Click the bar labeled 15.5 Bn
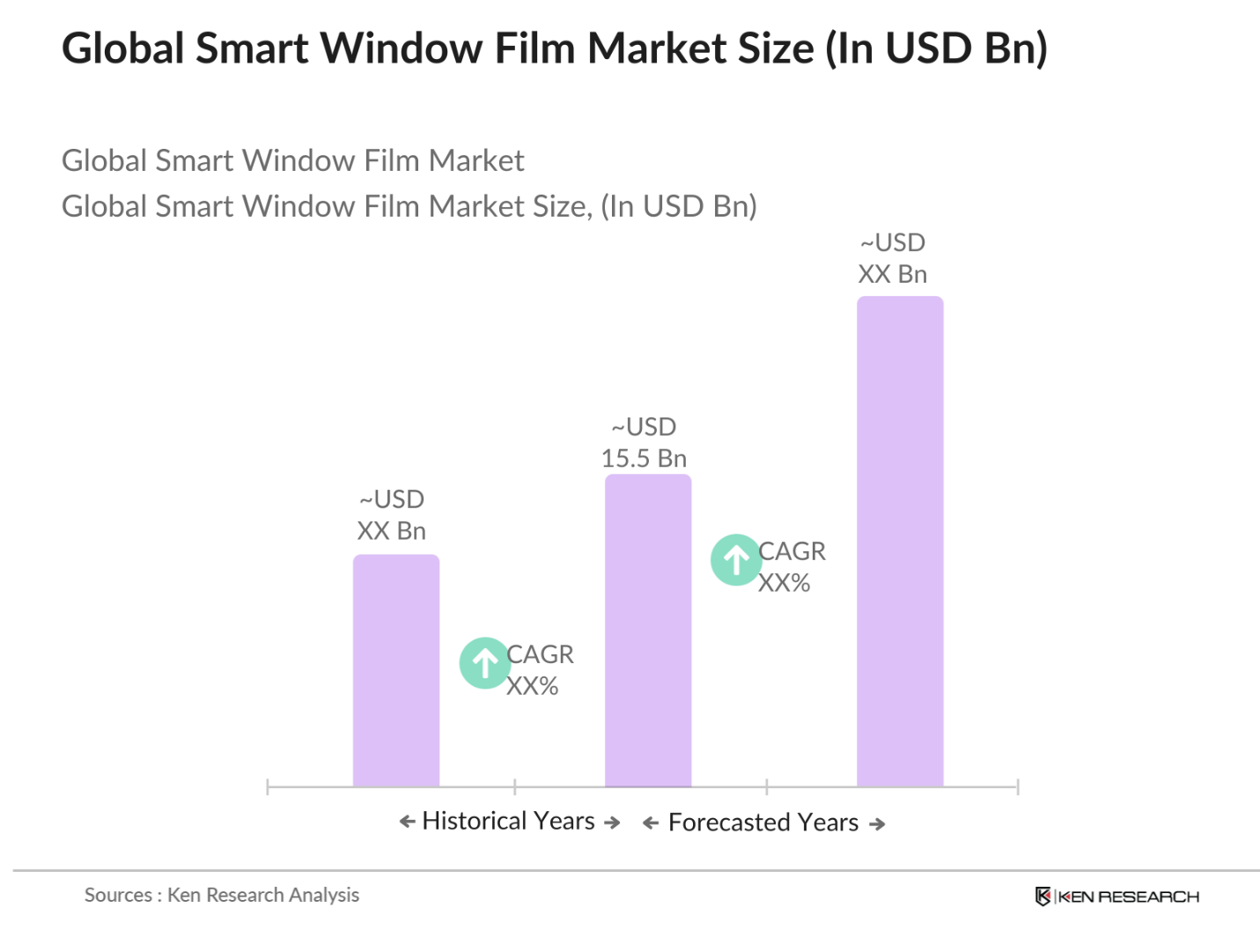click(647, 630)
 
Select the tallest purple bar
click(899, 541)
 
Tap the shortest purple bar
click(395, 669)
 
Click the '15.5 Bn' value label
click(644, 458)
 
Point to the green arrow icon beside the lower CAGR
click(484, 662)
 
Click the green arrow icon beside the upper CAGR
click(736, 559)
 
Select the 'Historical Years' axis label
click(508, 821)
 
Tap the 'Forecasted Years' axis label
click(763, 823)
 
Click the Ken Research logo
click(1116, 896)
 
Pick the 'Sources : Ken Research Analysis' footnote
click(222, 895)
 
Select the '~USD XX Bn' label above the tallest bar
click(892, 258)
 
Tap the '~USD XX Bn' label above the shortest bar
click(392, 515)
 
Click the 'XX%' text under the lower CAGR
click(532, 686)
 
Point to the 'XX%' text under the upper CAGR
click(784, 583)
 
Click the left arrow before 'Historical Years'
click(407, 822)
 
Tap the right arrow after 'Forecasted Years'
click(876, 824)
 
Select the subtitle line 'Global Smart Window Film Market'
click(292, 160)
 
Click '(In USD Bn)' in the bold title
click(936, 48)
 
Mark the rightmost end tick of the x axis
click(1017, 786)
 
